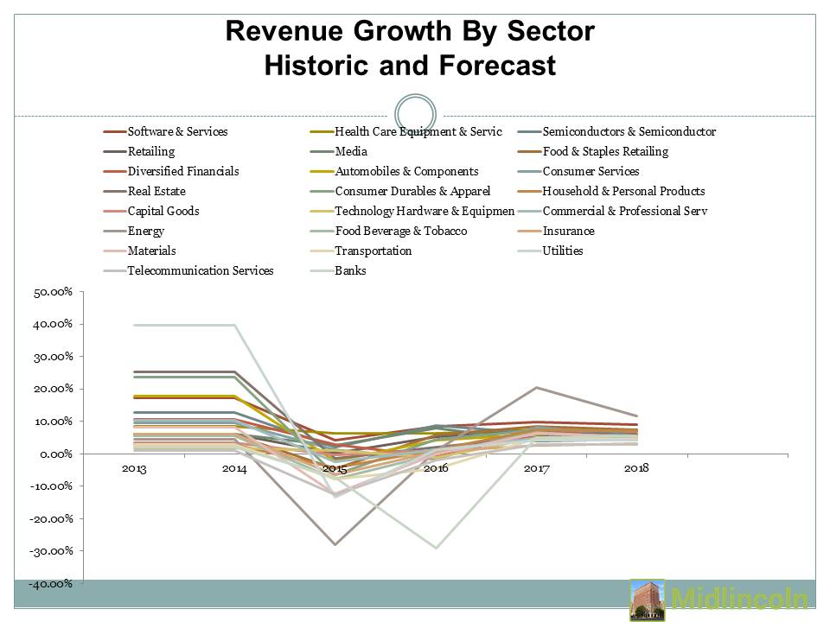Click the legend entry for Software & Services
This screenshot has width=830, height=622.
pos(177,132)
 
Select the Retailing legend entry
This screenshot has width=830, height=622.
pos(150,152)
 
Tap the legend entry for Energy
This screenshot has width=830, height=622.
pos(145,232)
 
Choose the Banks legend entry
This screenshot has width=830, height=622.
pos(350,271)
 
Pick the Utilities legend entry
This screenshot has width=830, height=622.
pos(563,251)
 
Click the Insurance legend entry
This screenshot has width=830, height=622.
pos(568,232)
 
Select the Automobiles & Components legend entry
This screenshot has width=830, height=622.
pos(406,172)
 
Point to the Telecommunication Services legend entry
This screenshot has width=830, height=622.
pos(200,271)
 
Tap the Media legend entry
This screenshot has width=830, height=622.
pos(350,152)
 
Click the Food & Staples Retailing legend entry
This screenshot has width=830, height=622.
pos(605,152)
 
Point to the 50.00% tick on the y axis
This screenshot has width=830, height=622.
pos(53,292)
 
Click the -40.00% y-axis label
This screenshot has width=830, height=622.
pos(51,583)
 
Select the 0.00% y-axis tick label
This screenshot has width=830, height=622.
pos(55,454)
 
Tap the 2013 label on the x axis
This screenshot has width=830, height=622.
pos(134,468)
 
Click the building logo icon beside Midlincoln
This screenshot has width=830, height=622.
pos(647,600)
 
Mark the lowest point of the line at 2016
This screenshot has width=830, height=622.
pos(436,548)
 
